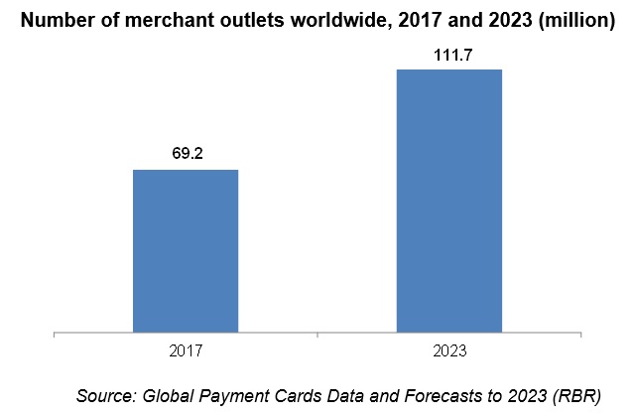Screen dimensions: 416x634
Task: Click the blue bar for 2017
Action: (186, 250)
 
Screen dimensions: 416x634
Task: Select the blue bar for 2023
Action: (449, 200)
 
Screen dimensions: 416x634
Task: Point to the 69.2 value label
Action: (186, 155)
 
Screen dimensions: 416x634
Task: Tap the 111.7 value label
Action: (449, 54)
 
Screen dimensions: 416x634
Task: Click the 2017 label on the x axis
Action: (186, 350)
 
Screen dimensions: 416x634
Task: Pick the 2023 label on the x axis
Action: (449, 350)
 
